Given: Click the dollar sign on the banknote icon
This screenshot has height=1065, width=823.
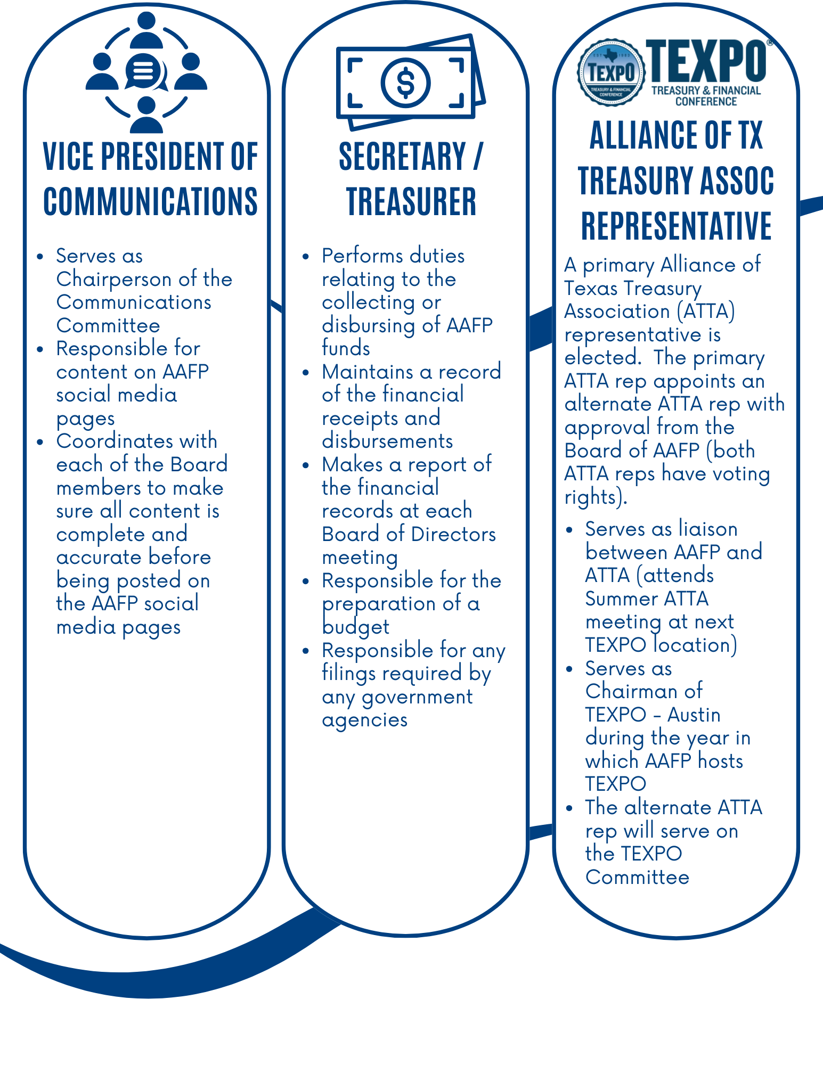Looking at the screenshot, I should (x=405, y=83).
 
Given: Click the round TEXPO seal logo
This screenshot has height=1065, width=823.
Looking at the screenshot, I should (x=610, y=72).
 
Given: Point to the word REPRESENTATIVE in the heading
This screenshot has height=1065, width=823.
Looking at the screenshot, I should (x=676, y=226).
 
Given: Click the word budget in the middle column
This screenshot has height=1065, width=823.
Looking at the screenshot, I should (x=355, y=627).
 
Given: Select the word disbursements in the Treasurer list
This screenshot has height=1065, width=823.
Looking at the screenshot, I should (x=387, y=441).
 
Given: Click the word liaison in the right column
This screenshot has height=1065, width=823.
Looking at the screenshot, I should (x=708, y=529).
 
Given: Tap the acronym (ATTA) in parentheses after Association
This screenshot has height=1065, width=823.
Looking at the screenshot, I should (x=706, y=311).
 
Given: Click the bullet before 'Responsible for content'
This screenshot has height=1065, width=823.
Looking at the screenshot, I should (x=40, y=349).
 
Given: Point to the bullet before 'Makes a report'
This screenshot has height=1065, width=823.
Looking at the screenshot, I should (x=305, y=465).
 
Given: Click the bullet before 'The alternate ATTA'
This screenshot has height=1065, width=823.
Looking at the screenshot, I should (x=569, y=808).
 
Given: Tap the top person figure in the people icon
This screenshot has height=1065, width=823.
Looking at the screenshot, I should (x=146, y=31).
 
